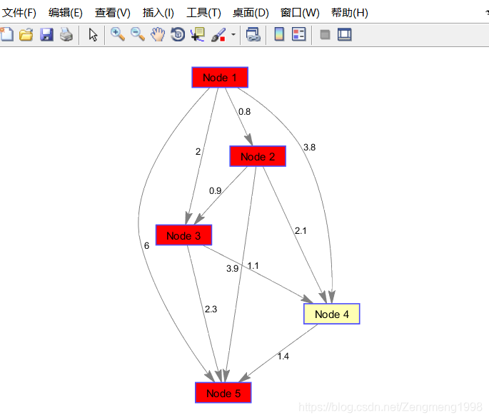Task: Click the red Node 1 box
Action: coord(219,77)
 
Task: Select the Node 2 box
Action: coord(258,156)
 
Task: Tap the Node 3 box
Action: coord(183,235)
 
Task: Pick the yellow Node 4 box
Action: coord(331,314)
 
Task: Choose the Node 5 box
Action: coord(223,393)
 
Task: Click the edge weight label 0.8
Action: coord(244,112)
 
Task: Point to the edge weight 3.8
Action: coord(309,148)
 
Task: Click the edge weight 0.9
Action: coord(215,190)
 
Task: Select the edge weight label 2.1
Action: coord(301,230)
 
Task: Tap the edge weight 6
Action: coord(146,245)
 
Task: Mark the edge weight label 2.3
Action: coord(211,309)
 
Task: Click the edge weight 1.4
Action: coord(283,356)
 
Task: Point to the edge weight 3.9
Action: coord(232,268)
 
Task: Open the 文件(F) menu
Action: coord(19,13)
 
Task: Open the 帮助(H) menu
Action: coord(350,13)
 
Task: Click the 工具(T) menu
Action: coord(203,13)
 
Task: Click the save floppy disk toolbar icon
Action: coord(46,34)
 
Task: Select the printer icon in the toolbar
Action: coord(66,34)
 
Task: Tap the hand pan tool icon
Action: coord(158,34)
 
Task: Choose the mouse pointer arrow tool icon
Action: coord(93,34)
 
